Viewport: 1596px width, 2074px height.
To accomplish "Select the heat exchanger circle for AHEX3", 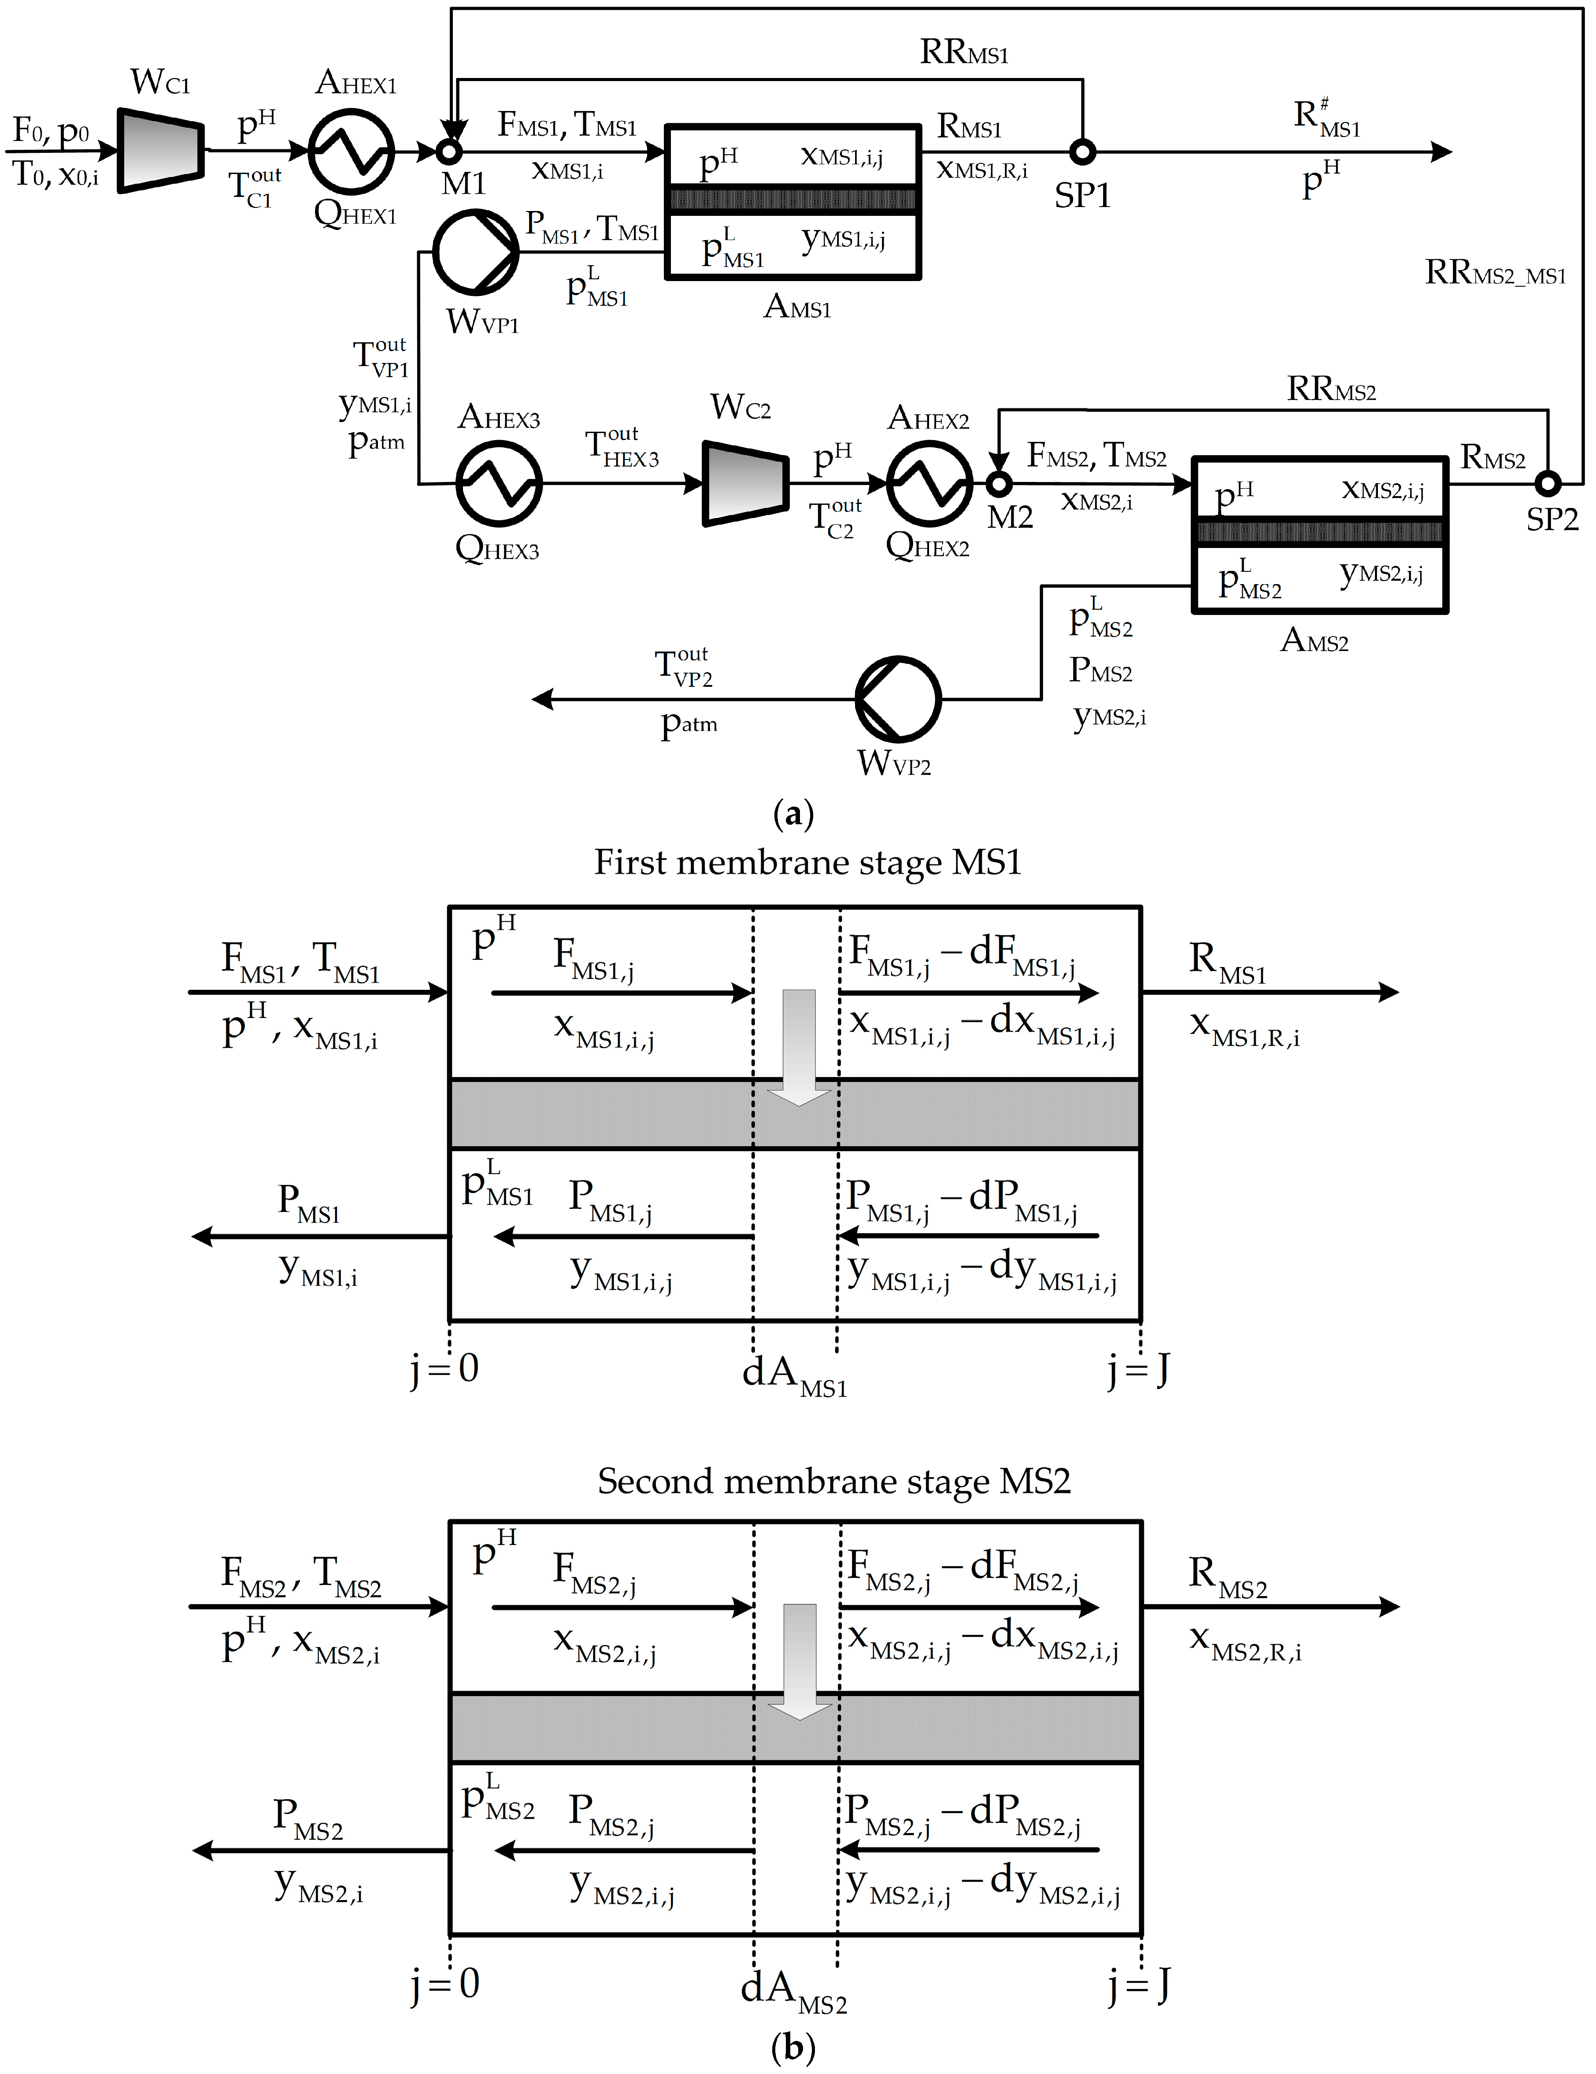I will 499,483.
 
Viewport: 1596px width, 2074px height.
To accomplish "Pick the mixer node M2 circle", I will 998,483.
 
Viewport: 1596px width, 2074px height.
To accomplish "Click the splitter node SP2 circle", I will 1548,483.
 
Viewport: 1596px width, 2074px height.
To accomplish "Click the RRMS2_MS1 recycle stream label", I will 1494,274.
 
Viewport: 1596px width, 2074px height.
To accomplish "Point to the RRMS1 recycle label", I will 964,52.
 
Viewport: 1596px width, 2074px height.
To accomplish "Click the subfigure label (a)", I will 794,814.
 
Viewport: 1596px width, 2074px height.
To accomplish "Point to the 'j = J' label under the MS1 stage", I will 1138,1370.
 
